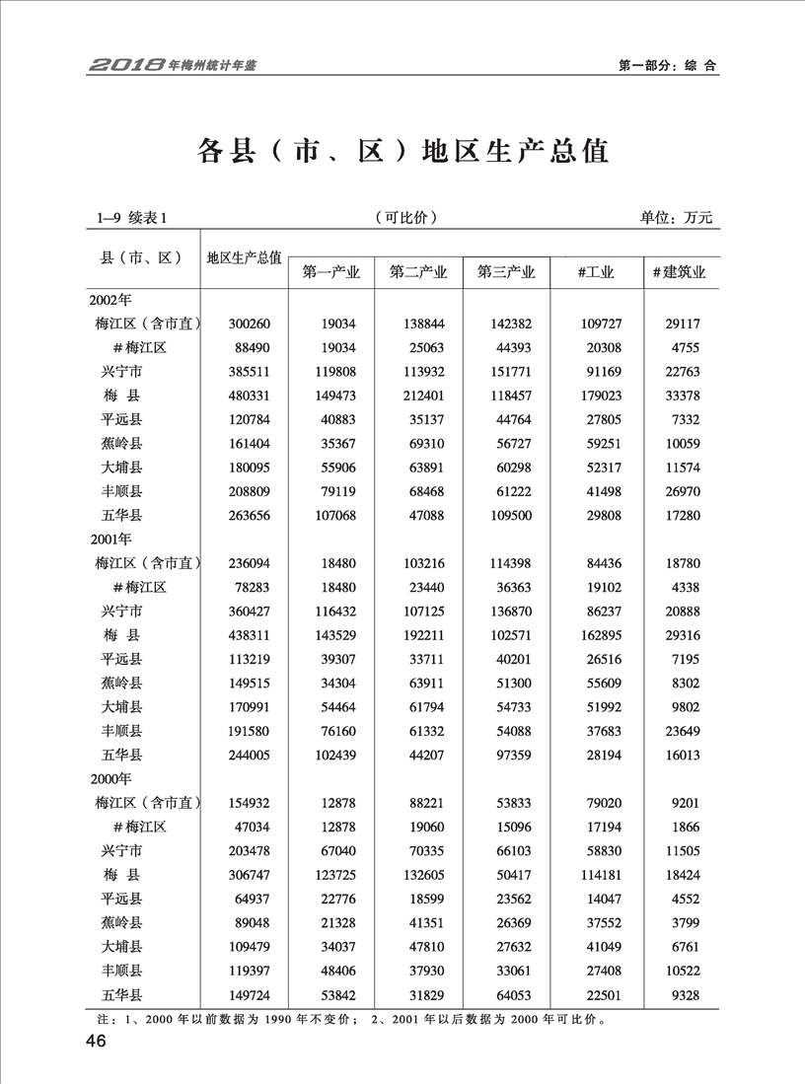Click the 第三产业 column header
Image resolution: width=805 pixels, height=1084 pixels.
pos(506,272)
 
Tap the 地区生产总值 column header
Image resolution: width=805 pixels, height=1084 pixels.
pos(244,258)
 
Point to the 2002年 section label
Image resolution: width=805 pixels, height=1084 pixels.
pos(110,298)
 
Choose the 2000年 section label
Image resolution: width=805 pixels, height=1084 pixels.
pos(110,779)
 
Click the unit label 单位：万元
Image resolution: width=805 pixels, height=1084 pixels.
pos(676,218)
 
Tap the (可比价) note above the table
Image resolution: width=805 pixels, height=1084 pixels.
pos(406,218)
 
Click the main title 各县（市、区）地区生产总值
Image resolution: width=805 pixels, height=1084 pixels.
pos(402,151)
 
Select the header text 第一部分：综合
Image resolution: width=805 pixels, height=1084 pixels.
pos(667,66)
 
